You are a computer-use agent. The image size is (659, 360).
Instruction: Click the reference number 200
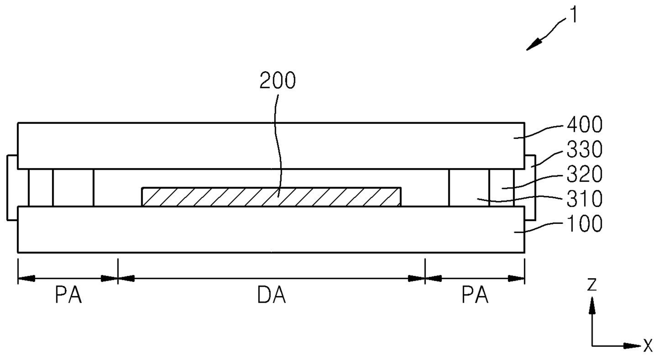point(277,81)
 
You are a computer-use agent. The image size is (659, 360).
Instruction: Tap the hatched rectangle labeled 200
point(272,197)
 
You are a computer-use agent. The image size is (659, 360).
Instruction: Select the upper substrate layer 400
point(271,146)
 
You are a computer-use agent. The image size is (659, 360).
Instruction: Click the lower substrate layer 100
point(271,229)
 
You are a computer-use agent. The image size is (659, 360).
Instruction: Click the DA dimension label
point(271,296)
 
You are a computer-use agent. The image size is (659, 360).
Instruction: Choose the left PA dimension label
point(68,296)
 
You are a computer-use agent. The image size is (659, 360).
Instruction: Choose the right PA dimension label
point(475,296)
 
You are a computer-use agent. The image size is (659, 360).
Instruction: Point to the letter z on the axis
point(592,286)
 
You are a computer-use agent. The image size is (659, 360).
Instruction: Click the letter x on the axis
point(648,346)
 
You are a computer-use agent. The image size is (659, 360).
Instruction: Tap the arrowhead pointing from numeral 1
point(534,45)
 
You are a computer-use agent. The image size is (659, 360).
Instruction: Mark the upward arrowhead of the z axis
point(592,304)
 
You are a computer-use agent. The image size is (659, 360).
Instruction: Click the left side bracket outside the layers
point(12,187)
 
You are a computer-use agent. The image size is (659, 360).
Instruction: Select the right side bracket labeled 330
point(530,187)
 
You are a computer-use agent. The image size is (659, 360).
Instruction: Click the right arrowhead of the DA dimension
point(417,278)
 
